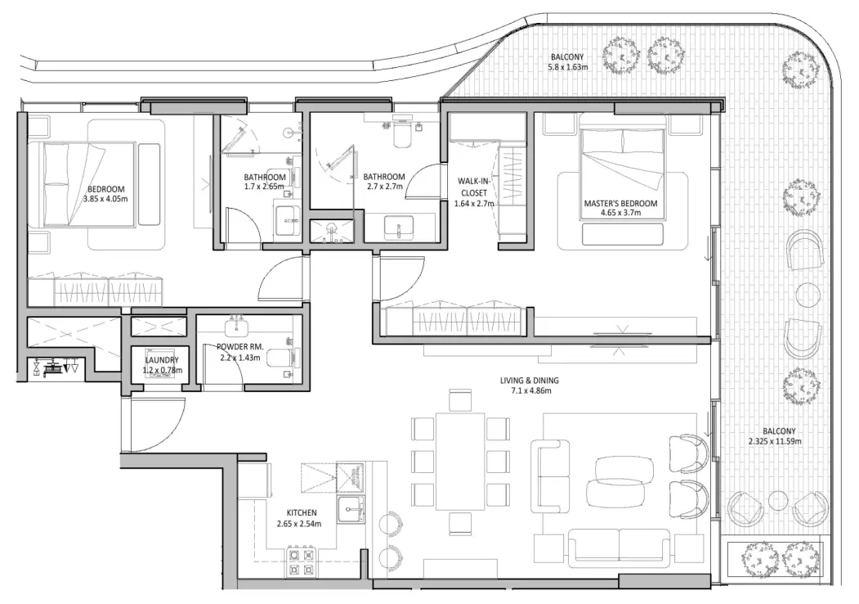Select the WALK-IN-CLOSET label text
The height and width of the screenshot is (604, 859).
click(474, 193)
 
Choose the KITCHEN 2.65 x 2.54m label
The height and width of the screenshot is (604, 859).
click(296, 518)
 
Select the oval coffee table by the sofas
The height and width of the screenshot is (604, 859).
click(624, 471)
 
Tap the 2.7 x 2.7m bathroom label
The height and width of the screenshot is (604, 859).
click(384, 181)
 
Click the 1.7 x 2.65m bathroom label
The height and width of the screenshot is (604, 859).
click(265, 182)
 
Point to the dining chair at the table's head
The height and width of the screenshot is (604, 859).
click(460, 399)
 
